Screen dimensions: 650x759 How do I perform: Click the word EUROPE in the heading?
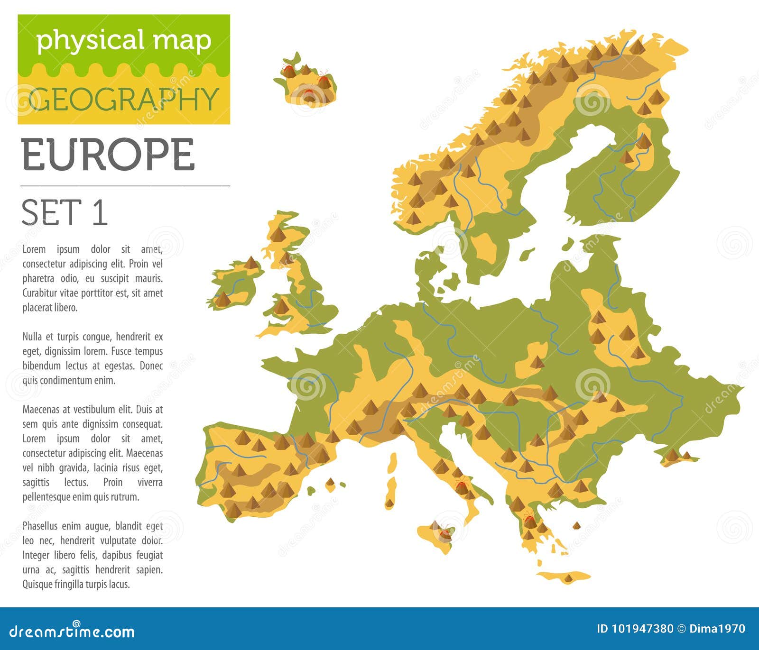click(108, 155)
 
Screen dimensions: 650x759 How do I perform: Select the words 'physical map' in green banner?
click(124, 40)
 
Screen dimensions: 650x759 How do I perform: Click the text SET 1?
click(65, 213)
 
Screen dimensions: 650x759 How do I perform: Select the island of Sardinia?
click(392, 493)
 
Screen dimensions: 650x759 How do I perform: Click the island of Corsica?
click(393, 462)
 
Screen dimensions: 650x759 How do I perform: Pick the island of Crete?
click(564, 577)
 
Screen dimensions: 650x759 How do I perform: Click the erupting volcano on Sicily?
click(445, 532)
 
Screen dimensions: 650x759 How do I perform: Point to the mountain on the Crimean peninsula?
click(672, 455)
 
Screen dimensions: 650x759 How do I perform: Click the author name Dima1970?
click(717, 629)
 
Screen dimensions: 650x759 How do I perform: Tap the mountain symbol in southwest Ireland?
click(222, 299)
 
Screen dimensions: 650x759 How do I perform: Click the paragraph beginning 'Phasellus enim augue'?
click(93, 555)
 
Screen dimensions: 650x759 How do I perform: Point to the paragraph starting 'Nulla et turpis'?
click(93, 358)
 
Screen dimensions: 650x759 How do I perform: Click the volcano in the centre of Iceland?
click(309, 94)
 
